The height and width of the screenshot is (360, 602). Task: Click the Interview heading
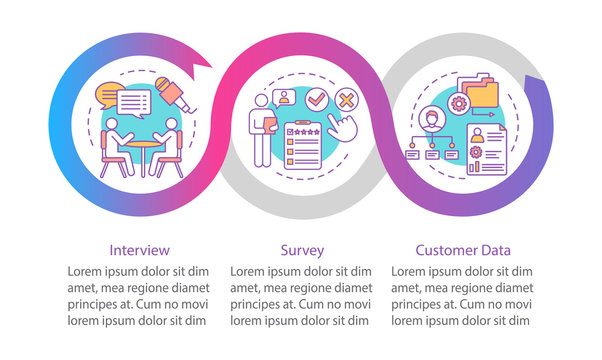pos(139,250)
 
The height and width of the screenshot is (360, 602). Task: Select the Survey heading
pos(302,250)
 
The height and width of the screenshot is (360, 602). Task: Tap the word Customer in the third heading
pos(446,250)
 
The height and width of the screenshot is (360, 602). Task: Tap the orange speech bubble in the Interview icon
pos(107,98)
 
